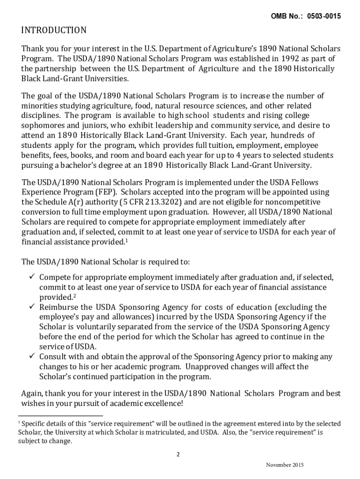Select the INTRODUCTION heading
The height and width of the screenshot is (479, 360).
54,31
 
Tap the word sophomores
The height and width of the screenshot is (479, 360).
42,125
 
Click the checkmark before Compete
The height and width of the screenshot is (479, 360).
32,277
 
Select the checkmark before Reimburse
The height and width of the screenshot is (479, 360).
32,307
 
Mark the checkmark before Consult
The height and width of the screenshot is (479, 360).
32,356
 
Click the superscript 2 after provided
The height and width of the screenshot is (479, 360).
75,296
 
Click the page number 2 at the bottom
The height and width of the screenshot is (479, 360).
178,454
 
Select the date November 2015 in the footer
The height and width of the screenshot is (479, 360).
285,465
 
